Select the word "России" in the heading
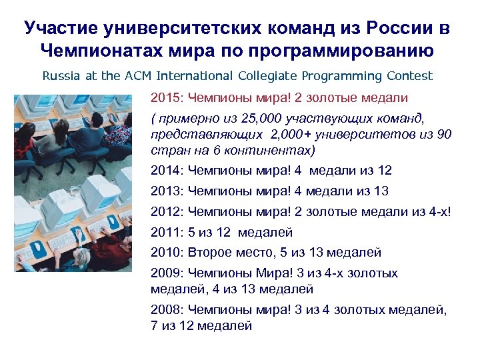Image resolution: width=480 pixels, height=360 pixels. point(394,29)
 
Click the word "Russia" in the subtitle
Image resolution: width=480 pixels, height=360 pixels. point(62,75)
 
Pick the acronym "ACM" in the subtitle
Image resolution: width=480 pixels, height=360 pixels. point(135,75)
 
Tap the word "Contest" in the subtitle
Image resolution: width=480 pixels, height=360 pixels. point(409,75)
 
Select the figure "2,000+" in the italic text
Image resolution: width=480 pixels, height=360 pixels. point(295,134)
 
